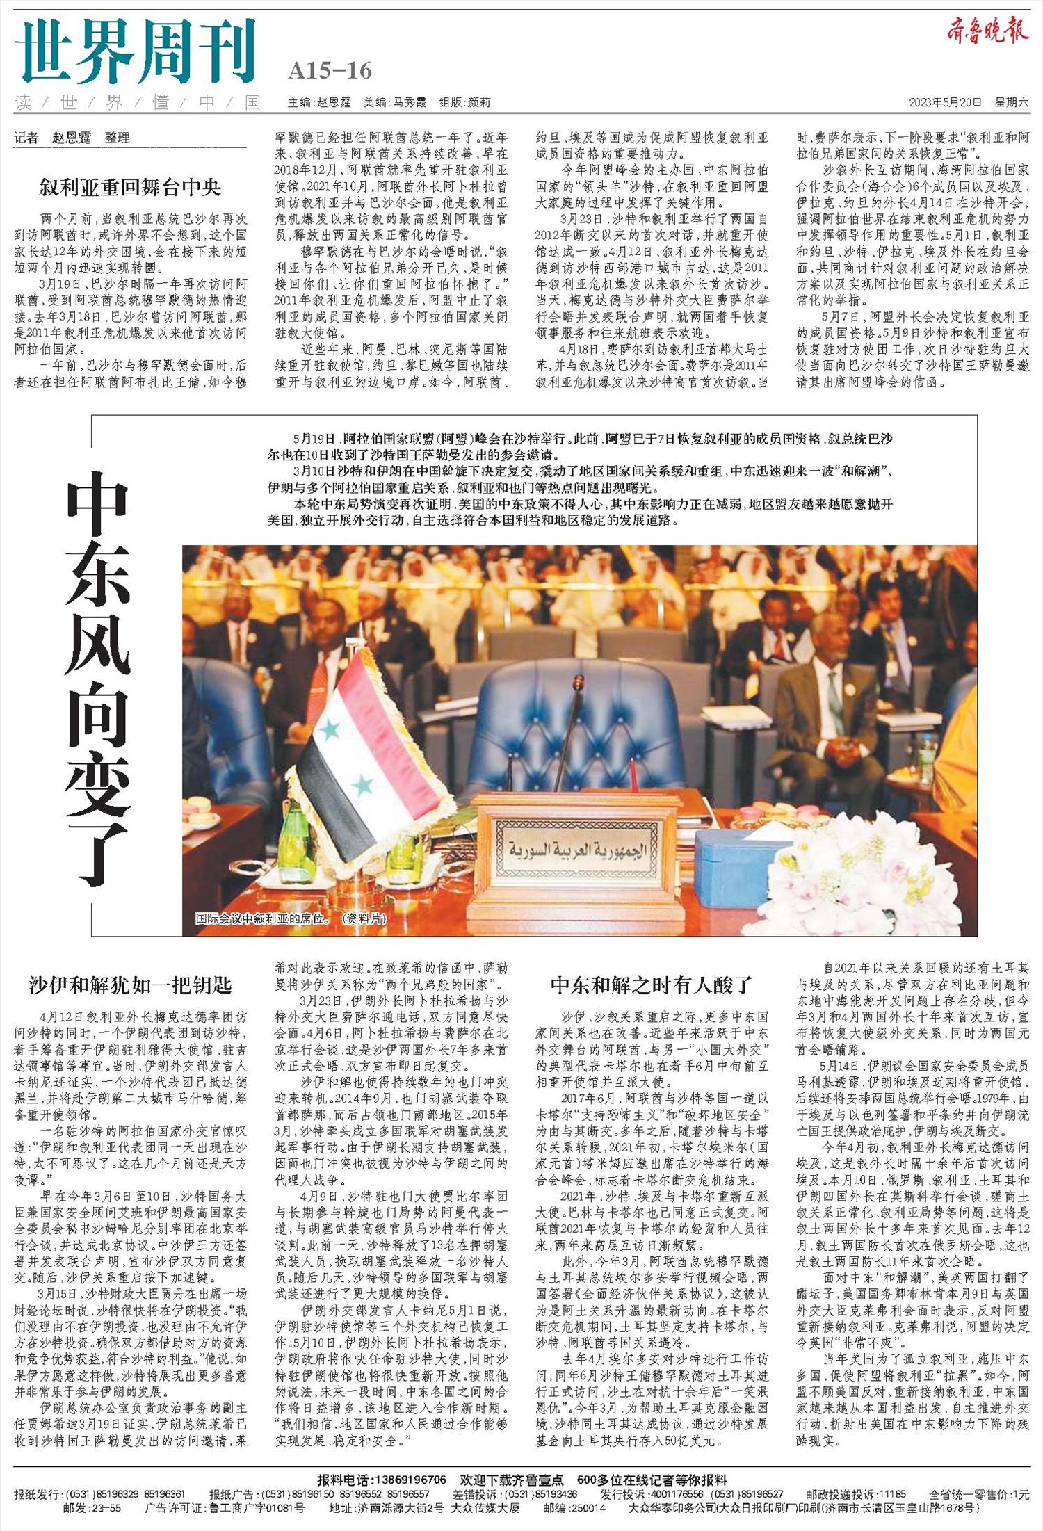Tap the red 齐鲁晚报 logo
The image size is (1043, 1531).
[x=987, y=32]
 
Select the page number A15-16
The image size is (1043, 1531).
[x=330, y=71]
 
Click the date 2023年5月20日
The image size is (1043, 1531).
[x=945, y=102]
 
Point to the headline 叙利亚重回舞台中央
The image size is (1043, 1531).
[x=130, y=187]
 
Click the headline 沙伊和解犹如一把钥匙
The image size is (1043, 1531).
[x=130, y=985]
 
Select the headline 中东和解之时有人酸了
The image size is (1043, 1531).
[x=652, y=985]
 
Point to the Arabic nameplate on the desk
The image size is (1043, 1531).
[x=576, y=850]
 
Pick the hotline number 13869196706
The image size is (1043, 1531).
[x=410, y=1480]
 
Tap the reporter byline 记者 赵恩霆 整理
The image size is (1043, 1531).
[x=72, y=138]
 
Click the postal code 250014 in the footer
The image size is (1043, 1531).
[x=586, y=1507]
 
